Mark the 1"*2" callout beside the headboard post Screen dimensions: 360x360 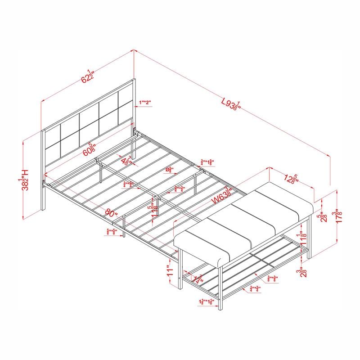point(145,103)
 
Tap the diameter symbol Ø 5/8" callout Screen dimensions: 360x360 point(170,171)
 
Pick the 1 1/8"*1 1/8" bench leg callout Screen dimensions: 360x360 point(207,301)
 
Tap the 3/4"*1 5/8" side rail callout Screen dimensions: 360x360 point(207,162)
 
